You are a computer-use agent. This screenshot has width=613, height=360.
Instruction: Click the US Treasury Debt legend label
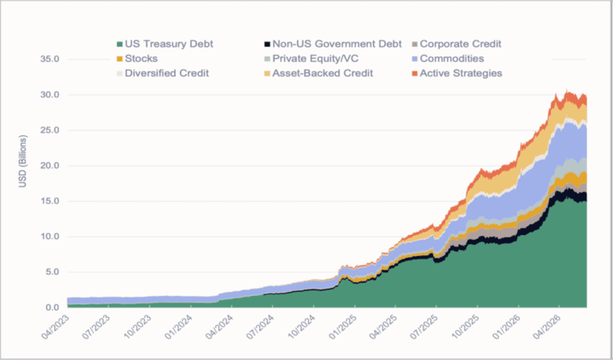169,44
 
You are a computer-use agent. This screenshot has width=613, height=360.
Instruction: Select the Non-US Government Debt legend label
337,44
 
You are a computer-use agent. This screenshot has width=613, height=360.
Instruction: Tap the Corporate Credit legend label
460,44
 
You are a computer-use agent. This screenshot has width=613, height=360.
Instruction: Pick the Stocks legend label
141,59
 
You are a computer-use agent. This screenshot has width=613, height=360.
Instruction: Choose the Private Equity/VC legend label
316,59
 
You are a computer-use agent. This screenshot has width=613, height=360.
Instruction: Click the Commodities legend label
452,59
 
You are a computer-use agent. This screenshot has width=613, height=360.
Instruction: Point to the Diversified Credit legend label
167,73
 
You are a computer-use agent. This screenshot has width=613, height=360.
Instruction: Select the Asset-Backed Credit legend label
323,73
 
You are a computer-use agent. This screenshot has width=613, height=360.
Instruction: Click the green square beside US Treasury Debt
120,44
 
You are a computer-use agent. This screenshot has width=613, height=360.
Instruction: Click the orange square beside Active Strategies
415,73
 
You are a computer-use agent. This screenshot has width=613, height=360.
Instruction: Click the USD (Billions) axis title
23,162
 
